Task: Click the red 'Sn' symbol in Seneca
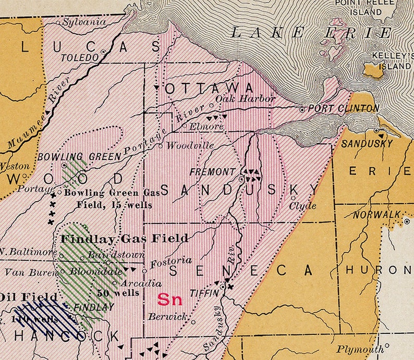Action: click(x=169, y=300)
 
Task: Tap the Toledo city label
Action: click(x=80, y=57)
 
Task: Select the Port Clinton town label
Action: click(x=344, y=108)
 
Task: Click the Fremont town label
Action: click(x=212, y=171)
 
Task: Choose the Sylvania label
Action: click(x=84, y=22)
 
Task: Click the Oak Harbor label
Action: click(x=238, y=98)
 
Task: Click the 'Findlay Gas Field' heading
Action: click(x=125, y=239)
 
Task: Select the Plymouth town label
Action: click(x=359, y=349)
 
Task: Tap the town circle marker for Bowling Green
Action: click(x=64, y=165)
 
